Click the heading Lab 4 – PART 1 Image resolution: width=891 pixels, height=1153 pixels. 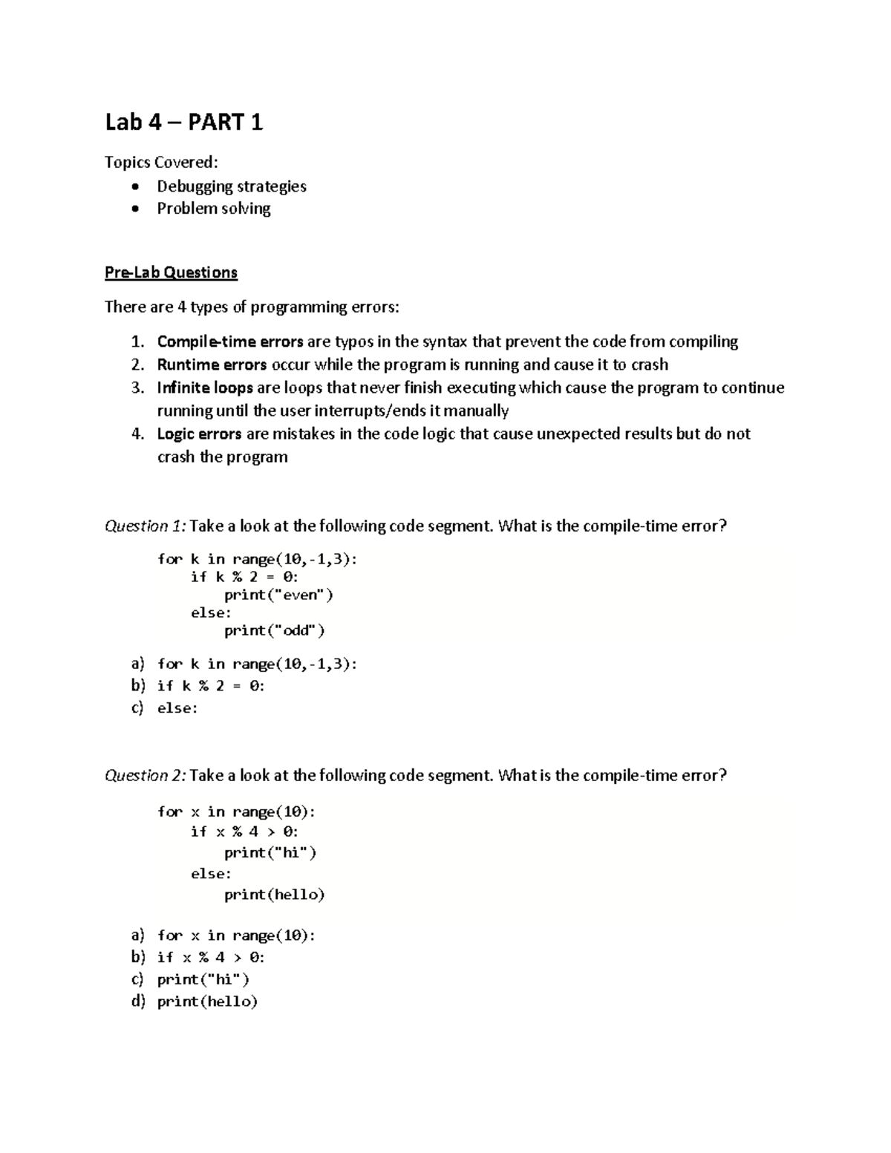(183, 122)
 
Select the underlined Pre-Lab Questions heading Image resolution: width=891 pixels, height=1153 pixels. (171, 272)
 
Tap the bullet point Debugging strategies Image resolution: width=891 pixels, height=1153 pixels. (231, 186)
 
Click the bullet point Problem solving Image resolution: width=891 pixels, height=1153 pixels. (213, 209)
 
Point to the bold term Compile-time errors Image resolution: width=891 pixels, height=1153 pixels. (229, 342)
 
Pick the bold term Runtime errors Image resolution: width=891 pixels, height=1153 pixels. (212, 365)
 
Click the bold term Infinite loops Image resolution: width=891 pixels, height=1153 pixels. (205, 388)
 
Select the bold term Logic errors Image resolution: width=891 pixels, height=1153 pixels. (199, 434)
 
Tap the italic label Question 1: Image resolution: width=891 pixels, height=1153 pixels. (146, 526)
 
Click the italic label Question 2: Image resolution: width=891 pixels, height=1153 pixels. (146, 776)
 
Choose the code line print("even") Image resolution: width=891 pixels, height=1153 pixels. (278, 595)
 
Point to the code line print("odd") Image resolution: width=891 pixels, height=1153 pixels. (275, 630)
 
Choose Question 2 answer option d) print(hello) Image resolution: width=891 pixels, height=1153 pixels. (195, 1002)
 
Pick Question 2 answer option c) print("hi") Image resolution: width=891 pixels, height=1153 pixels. (191, 979)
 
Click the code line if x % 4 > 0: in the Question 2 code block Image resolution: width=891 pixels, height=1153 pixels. (244, 832)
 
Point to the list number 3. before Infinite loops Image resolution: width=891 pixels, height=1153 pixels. (137, 388)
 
